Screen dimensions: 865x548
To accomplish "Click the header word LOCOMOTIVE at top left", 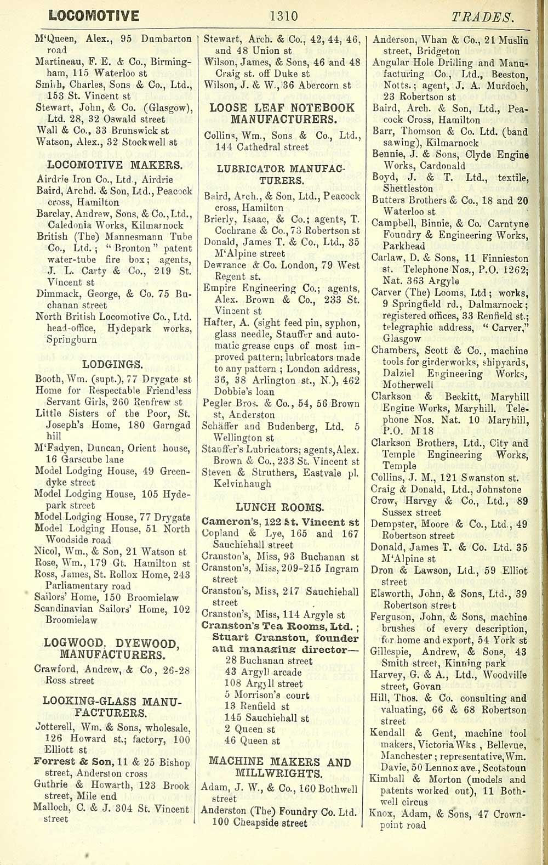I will tap(93, 16).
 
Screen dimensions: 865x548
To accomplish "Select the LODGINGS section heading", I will tap(112, 364).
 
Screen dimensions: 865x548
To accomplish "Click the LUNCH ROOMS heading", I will tap(279, 507).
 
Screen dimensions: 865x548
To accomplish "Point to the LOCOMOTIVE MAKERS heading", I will tap(115, 165).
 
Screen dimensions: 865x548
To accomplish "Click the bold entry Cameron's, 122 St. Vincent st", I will tap(281, 522).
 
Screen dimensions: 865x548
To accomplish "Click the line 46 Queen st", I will tap(252, 741).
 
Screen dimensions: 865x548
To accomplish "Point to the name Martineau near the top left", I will tap(59, 62).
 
